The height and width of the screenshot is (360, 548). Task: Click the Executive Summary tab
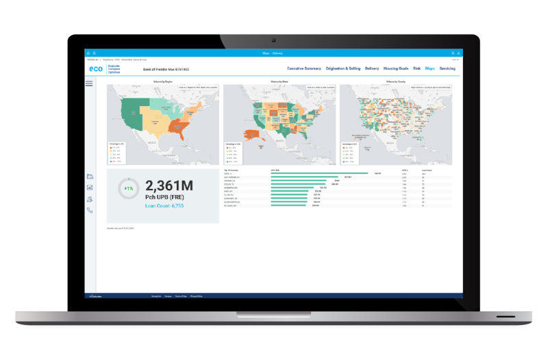(x=304, y=68)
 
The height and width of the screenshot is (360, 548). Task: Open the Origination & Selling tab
(x=343, y=68)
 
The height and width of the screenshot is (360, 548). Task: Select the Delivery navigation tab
(x=372, y=68)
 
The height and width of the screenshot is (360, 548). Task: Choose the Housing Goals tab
(x=397, y=68)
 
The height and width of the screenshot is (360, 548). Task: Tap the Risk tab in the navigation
(x=416, y=68)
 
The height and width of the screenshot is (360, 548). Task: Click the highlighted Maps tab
(x=430, y=68)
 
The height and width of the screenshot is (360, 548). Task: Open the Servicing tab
(x=447, y=68)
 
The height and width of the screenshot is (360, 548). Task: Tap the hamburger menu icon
(x=89, y=83)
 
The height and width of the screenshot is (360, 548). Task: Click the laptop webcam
(x=274, y=40)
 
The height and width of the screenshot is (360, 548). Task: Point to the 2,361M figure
(x=169, y=185)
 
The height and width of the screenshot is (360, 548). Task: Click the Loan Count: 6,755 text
(x=164, y=205)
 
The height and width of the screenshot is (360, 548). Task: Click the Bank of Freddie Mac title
(x=166, y=69)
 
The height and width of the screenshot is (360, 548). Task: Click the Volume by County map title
(x=396, y=81)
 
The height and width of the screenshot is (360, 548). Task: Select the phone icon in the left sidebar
(x=90, y=211)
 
